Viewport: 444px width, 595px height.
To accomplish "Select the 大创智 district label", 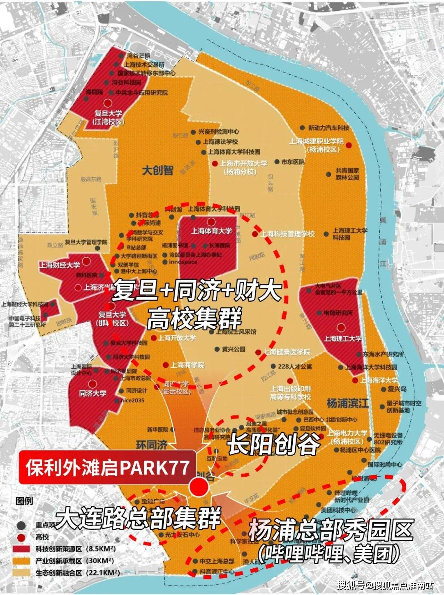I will point(157,170).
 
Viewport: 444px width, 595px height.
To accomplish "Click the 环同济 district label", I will point(152,444).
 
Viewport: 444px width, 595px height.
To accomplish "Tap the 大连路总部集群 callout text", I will point(139,519).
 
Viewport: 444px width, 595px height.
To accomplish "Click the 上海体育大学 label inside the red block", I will point(211,231).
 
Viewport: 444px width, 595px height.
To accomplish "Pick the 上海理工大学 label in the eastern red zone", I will point(342,338).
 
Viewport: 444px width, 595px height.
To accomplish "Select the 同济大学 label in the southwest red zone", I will point(93,393).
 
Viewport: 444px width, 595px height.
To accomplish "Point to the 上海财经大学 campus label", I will point(60,265).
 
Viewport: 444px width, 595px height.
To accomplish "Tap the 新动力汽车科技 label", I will point(328,128).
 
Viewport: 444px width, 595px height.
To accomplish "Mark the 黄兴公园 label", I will point(234,349).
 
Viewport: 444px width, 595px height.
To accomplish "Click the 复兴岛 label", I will point(397,389).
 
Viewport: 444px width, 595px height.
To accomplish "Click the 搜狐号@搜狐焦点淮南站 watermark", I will point(385,585).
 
